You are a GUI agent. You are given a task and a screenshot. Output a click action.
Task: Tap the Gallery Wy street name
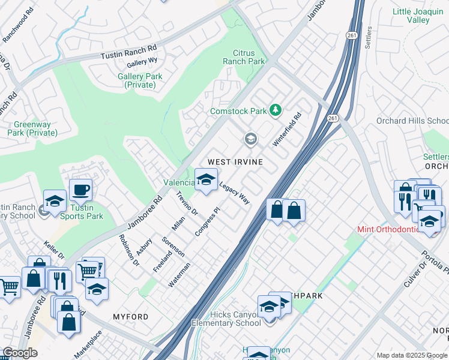[x=142, y=62]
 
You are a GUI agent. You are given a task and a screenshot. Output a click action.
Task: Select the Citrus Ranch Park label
[x=244, y=58]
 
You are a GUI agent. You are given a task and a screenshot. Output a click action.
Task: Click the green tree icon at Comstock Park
[x=276, y=110]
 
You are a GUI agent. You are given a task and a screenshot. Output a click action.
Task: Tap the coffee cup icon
[x=81, y=191]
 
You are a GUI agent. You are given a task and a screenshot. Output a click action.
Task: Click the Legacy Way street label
[x=234, y=193]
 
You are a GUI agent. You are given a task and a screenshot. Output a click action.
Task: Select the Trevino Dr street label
[x=187, y=203]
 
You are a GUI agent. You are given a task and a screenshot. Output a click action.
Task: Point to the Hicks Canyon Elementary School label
[x=226, y=319]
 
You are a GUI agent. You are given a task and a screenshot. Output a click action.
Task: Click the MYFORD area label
[x=130, y=316]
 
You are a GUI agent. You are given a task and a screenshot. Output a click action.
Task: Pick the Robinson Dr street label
[x=128, y=250]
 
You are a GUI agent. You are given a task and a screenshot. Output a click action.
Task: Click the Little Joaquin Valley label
[x=419, y=16]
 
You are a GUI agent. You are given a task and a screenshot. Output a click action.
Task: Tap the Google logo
[x=20, y=353]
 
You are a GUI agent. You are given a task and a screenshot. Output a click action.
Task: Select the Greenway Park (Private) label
[x=31, y=128]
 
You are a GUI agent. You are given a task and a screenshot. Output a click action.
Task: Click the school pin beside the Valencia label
[x=206, y=179]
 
